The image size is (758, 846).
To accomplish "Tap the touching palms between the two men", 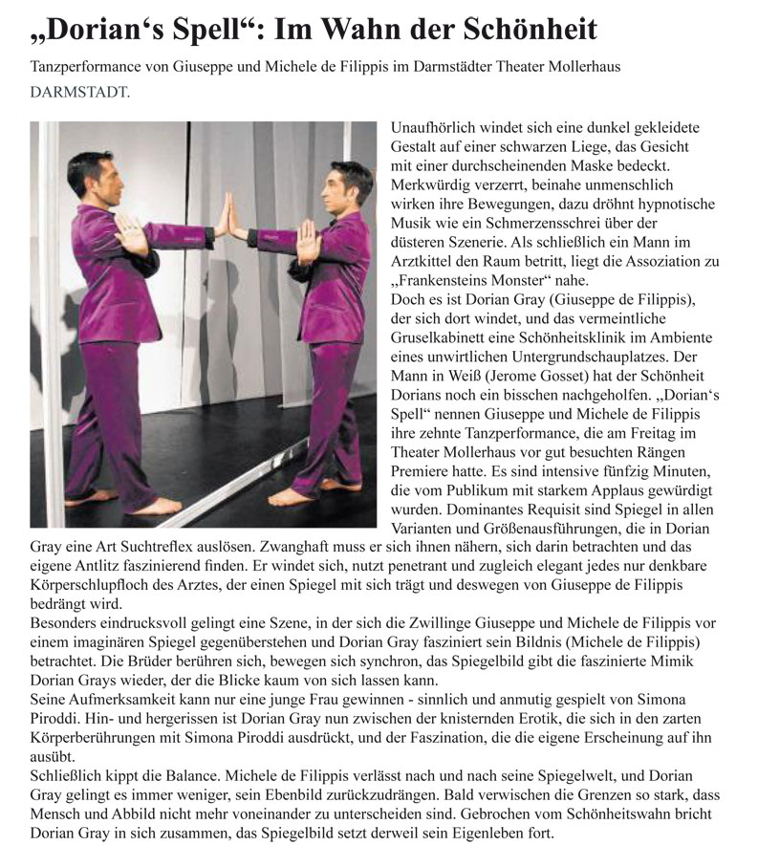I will [x=224, y=215].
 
